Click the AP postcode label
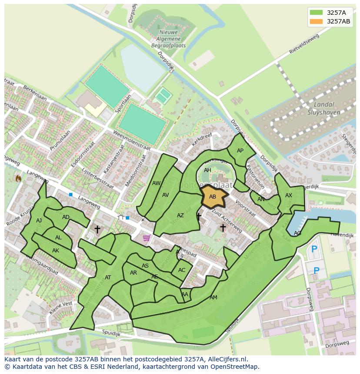240,151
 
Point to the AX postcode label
289,195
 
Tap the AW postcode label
157,183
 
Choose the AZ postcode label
180,215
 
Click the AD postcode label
66,217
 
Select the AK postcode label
56,251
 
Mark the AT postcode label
108,278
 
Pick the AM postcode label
213,298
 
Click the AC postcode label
182,270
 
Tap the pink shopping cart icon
147,238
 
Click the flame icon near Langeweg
18,178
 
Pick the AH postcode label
207,170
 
